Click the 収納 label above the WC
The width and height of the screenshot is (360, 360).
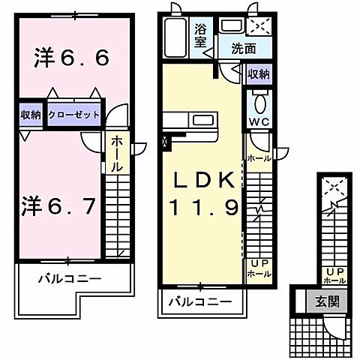click(259, 73)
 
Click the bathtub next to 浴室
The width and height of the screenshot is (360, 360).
click(176, 37)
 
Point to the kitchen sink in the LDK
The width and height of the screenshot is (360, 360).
click(203, 120)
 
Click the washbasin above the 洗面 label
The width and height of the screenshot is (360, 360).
click(231, 26)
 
